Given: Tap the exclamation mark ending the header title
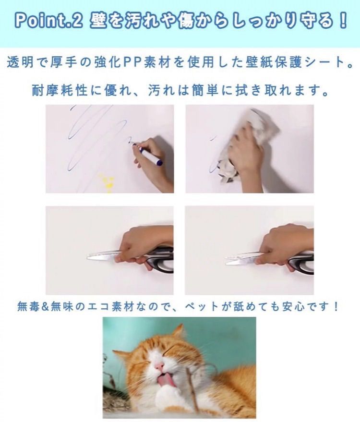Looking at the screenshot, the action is pyautogui.click(x=343, y=21).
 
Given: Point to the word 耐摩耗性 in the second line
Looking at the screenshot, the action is pyautogui.click(x=60, y=90).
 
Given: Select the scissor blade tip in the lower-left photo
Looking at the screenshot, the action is pyautogui.click(x=87, y=257).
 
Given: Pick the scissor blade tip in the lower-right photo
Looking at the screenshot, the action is pyautogui.click(x=226, y=262).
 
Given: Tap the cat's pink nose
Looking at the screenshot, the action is pyautogui.click(x=159, y=366).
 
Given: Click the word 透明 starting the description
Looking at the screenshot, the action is pyautogui.click(x=21, y=63).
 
